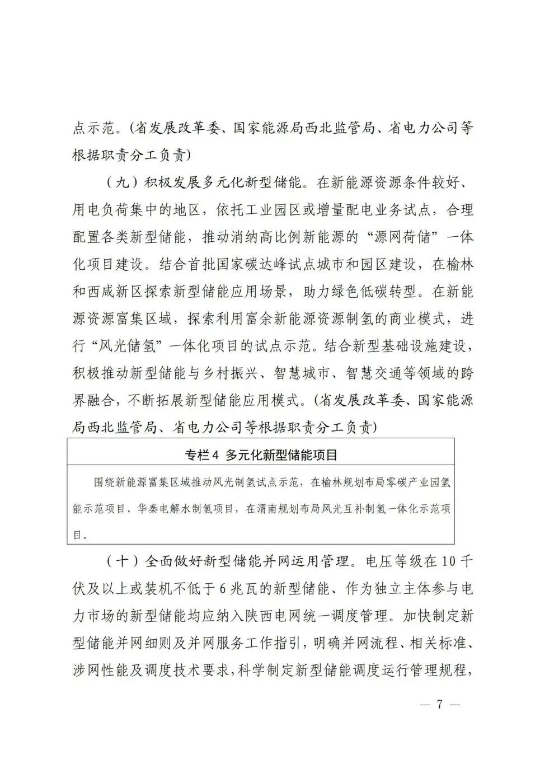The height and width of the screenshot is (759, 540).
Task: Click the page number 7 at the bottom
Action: (x=439, y=704)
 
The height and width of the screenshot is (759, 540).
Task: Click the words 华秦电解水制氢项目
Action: (x=181, y=509)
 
